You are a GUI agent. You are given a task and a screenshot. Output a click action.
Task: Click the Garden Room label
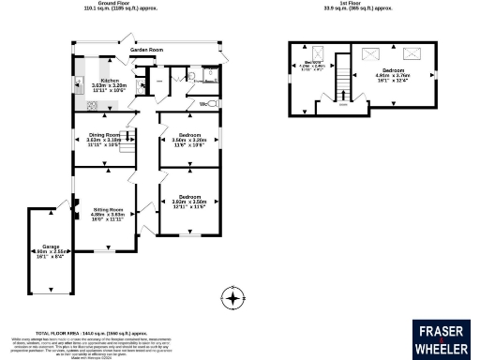[x=147, y=49]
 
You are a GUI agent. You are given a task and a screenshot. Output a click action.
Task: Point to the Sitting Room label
[x=109, y=209]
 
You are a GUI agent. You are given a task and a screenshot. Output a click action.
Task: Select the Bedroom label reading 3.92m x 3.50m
[x=189, y=196]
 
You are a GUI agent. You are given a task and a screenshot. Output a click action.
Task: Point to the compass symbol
[x=232, y=299]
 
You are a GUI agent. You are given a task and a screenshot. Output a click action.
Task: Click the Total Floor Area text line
[x=93, y=332]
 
